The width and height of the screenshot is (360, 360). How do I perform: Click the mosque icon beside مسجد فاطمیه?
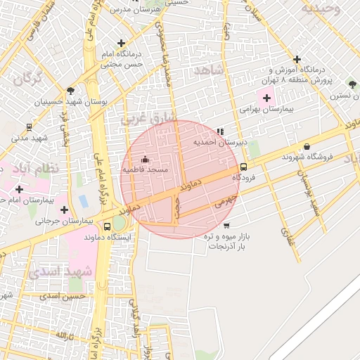pos(146,159)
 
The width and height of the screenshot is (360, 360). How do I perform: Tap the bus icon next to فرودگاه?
pos(243,167)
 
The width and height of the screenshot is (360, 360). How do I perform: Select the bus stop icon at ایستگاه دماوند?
pos(107,226)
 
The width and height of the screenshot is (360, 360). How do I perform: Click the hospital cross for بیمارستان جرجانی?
pos(65,210)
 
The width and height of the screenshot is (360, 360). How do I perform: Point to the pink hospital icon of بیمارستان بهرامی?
pos(266,96)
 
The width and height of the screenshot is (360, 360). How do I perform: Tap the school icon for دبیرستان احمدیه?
pos(221,131)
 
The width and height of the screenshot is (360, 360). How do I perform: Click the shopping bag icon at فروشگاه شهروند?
pos(307,146)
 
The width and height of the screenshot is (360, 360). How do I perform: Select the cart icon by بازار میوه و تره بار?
pos(226,226)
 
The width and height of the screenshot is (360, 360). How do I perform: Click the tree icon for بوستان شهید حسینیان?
pos(71,91)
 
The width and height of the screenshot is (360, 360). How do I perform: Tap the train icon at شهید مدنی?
pos(29,127)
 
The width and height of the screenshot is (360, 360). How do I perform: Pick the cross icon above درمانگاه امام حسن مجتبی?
pos(122,43)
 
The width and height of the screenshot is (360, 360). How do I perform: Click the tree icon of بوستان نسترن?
pos(351,84)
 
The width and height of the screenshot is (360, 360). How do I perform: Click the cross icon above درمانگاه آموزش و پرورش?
pos(297,59)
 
